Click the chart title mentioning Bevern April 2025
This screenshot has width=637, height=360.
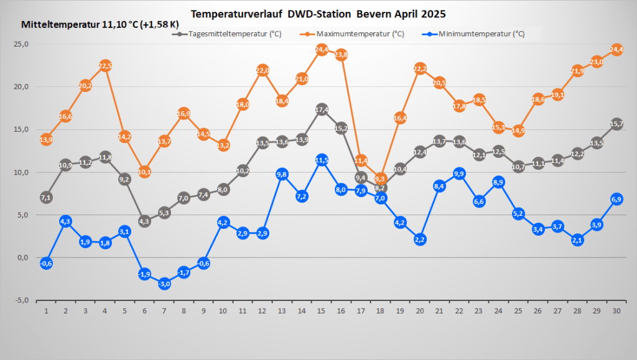click(318, 13)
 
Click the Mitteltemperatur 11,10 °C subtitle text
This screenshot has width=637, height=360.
click(97, 25)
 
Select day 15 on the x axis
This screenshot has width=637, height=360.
click(321, 310)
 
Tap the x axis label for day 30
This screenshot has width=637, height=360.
click(616, 310)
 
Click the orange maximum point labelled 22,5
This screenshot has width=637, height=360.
click(105, 66)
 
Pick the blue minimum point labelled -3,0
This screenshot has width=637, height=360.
click(164, 284)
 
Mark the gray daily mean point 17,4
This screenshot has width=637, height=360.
click(322, 109)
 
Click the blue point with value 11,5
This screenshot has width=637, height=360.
click(322, 160)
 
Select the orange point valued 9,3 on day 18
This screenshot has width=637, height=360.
click(381, 179)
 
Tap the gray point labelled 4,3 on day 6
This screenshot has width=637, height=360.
click(144, 221)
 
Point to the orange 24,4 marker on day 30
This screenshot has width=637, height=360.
click(616, 50)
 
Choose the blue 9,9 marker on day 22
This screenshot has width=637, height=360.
click(460, 173)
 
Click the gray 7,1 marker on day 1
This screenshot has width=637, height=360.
click(46, 197)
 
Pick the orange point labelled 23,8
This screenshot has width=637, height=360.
click(341, 55)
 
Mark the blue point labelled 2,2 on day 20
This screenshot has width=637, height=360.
click(420, 239)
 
